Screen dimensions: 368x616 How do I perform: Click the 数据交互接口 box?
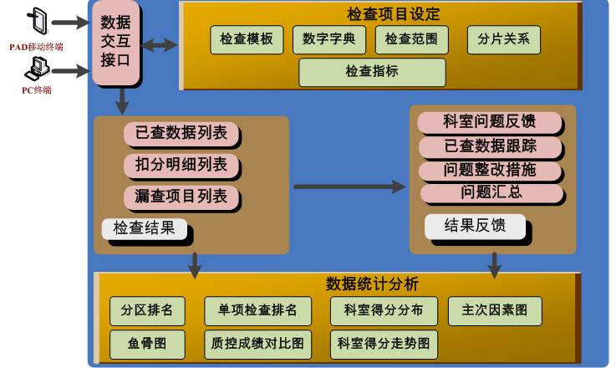pyautogui.click(x=115, y=42)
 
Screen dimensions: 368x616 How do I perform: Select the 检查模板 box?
pyautogui.click(x=247, y=39)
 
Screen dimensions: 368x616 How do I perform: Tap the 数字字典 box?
pyautogui.click(x=329, y=39)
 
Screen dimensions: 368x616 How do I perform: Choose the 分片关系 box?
pyautogui.click(x=503, y=39)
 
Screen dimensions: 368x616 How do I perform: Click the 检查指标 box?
pyautogui.click(x=372, y=72)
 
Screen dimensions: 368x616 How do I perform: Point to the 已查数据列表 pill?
pyautogui.click(x=181, y=133)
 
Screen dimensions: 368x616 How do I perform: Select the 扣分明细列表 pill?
pyautogui.click(x=181, y=165)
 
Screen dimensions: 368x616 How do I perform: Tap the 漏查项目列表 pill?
pyautogui.click(x=181, y=197)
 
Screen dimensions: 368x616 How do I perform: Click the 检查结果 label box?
pyautogui.click(x=144, y=227)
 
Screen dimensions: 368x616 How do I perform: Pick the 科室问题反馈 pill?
pyautogui.click(x=489, y=122)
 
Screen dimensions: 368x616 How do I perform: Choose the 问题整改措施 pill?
pyautogui.click(x=489, y=170)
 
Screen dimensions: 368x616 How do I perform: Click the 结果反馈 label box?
pyautogui.click(x=475, y=225)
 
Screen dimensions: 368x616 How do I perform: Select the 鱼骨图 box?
pyautogui.click(x=146, y=343)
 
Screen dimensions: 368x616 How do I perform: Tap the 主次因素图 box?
pyautogui.click(x=495, y=310)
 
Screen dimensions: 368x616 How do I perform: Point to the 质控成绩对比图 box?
pyautogui.click(x=257, y=343)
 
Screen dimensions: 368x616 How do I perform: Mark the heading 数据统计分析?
pyautogui.click(x=372, y=284)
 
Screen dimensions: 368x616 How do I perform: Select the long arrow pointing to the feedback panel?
pyautogui.click(x=348, y=186)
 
